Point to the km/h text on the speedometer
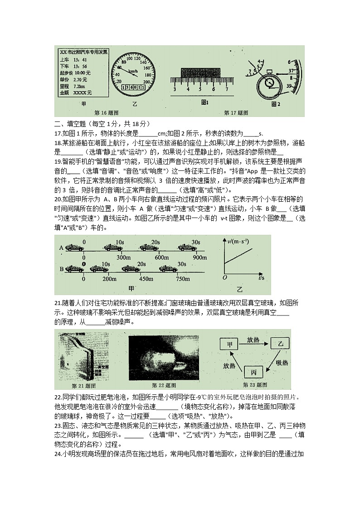point(133,72)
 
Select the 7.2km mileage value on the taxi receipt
point(79,86)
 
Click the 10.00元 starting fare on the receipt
point(83,73)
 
